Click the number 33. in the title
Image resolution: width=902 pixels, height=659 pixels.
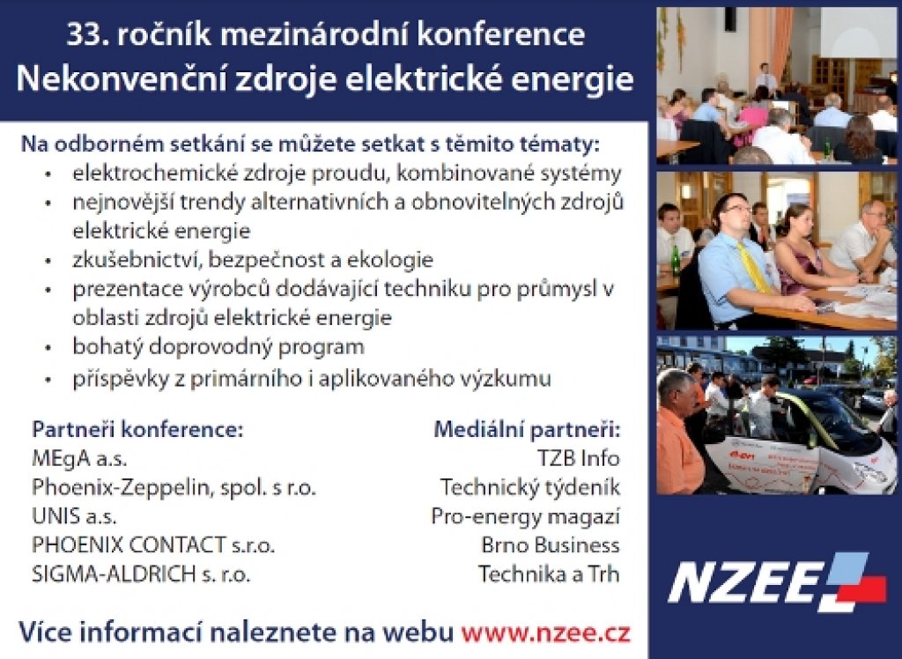click(x=87, y=34)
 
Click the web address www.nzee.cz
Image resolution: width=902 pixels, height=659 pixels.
click(x=545, y=633)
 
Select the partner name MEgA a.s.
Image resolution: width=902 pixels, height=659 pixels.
click(x=79, y=459)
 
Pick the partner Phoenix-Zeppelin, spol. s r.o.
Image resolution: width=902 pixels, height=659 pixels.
click(x=174, y=487)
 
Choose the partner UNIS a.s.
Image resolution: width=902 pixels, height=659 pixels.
click(x=74, y=516)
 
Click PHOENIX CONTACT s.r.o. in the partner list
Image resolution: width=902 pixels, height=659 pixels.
click(x=153, y=545)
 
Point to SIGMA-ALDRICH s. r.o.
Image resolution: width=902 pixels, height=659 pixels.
click(x=141, y=574)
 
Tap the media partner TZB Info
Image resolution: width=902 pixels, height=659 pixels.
click(x=578, y=459)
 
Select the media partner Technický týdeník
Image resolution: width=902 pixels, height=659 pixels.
click(x=529, y=487)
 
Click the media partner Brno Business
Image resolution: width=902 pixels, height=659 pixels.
click(x=551, y=545)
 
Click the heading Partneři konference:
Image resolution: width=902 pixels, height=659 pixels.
click(x=137, y=429)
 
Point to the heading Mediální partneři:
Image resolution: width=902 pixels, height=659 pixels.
click(x=527, y=429)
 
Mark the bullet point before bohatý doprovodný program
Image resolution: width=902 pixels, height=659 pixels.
click(x=49, y=348)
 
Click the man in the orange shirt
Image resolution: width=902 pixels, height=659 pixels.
click(x=681, y=432)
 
